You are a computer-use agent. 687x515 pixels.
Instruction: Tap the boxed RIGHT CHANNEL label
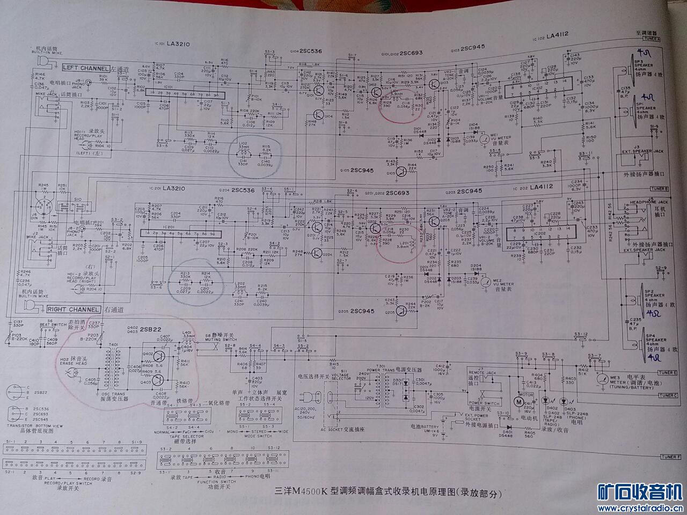pyautogui.click(x=74, y=310)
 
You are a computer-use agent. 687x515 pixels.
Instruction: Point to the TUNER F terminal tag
pyautogui.click(x=671, y=457)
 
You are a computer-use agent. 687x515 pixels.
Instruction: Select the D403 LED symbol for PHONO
pyautogui.click(x=564, y=401)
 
